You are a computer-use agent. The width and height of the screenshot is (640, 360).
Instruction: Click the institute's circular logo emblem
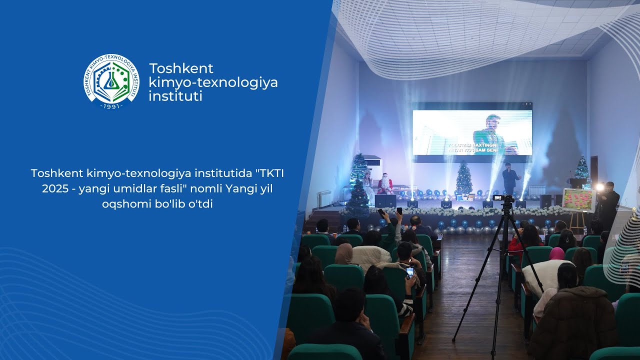[111, 81]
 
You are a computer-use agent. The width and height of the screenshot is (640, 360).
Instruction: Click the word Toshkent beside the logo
[181, 68]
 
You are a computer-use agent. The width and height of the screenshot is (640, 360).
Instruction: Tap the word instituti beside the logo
[175, 96]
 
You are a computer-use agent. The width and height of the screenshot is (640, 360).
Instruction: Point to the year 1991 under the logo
[111, 106]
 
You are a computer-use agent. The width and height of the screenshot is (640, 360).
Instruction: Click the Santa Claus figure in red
[384, 183]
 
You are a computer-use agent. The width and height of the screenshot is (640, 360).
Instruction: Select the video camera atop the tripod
[504, 198]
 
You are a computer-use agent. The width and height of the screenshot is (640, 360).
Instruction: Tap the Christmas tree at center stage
[463, 179]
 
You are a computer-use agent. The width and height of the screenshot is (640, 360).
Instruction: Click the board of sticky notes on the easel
[579, 199]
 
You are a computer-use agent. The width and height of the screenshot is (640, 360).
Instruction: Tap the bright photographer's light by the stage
[599, 187]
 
